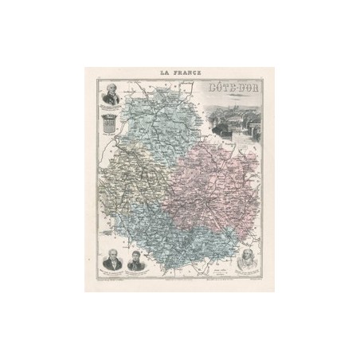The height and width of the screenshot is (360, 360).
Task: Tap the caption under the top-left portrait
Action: point(109,113)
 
